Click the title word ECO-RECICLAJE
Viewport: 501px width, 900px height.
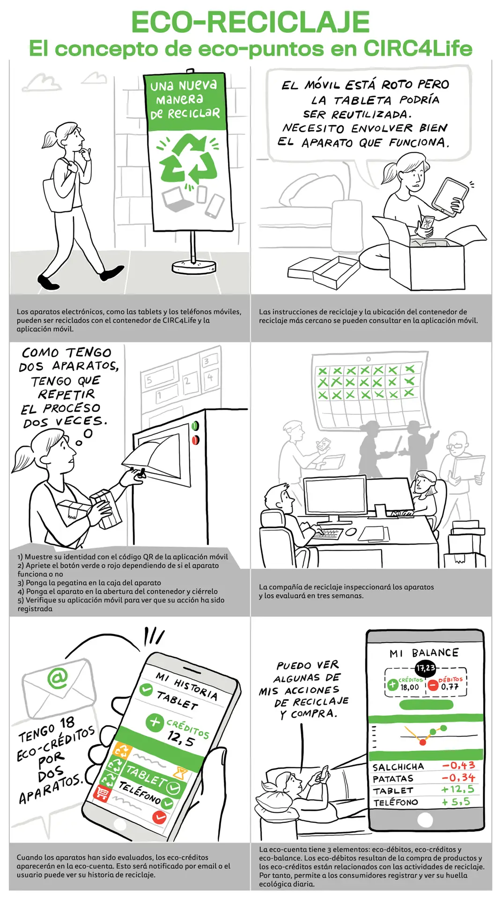pos(250,22)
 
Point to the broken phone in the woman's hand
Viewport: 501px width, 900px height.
pos(427,224)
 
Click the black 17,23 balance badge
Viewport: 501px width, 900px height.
pos(426,667)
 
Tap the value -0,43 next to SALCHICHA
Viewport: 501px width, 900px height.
pos(458,765)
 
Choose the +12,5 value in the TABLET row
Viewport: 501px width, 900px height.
pos(457,789)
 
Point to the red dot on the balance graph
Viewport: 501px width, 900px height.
pos(423,742)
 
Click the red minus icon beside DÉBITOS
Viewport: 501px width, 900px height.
pos(433,685)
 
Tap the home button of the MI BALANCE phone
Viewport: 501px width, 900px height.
pos(425,819)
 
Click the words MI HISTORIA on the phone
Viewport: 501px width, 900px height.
pos(187,685)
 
